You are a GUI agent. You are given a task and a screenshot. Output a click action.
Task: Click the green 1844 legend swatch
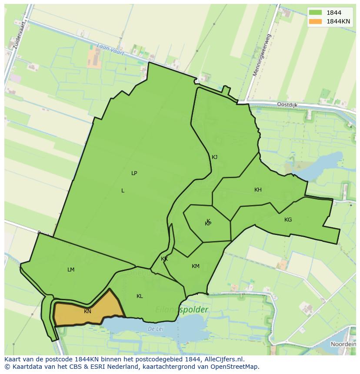pyautogui.click(x=316, y=13)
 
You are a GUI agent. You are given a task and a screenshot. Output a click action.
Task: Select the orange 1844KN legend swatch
pyautogui.click(x=316, y=21)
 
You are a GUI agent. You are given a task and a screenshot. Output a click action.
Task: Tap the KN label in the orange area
pyautogui.click(x=87, y=311)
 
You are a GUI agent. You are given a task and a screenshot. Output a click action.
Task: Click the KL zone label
pyautogui.click(x=140, y=296)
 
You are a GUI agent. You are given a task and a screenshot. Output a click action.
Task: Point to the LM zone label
pyautogui.click(x=71, y=270)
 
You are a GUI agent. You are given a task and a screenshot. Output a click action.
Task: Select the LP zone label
pyautogui.click(x=134, y=173)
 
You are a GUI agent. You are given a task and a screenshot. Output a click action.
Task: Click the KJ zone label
pyautogui.click(x=214, y=157)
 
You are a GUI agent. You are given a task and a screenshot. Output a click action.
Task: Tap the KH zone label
pyautogui.click(x=258, y=190)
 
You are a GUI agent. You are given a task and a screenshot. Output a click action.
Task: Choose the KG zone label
pyautogui.click(x=288, y=220)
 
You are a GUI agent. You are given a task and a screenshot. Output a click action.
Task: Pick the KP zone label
pyautogui.click(x=208, y=224)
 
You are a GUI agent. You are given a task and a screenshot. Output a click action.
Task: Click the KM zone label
pyautogui.click(x=196, y=266)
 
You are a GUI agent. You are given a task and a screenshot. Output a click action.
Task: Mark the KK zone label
pyautogui.click(x=164, y=259)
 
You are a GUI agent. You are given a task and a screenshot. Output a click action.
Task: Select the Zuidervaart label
pyautogui.click(x=20, y=33)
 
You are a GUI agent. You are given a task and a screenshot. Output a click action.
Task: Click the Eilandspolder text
pyautogui.click(x=182, y=310)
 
